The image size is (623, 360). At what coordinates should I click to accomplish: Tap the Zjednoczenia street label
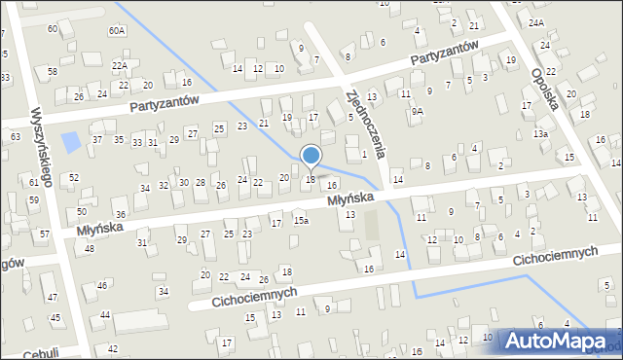pos(367,124)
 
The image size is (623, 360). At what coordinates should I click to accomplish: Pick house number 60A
pos(117,31)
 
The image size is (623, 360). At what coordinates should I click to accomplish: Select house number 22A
pos(119,65)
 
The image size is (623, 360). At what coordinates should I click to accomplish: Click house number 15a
pos(302,221)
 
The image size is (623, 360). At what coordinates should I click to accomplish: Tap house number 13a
pos(540,133)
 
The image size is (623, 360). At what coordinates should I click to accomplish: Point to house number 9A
pos(417,111)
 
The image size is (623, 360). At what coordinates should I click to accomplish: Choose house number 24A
pos(536,22)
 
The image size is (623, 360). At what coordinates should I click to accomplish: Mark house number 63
pos(15,136)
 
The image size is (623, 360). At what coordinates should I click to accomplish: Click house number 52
pos(74,178)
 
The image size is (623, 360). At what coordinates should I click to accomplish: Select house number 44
pos(104,314)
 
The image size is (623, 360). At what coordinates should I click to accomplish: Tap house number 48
pos(90,249)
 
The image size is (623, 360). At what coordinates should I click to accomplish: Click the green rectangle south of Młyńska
pos(371,227)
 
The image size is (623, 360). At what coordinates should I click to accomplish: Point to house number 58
pos(53,71)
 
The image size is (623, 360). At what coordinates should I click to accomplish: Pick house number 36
pos(120,214)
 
